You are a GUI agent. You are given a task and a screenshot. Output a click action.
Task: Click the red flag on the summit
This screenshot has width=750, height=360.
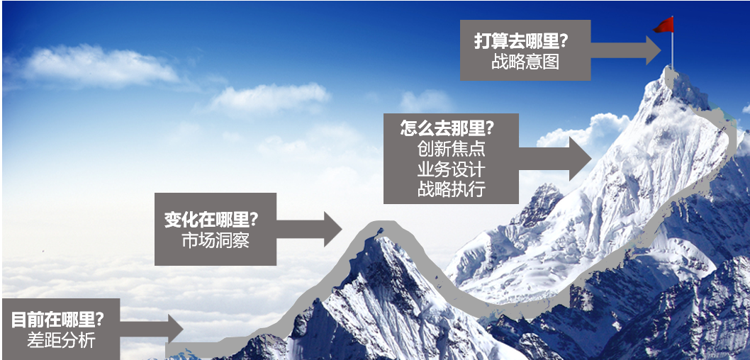[x=664, y=26]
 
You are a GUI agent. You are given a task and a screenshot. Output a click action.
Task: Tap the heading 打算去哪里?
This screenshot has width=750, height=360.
[x=521, y=42]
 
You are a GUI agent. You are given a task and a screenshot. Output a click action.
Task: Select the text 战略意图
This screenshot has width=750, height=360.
[x=525, y=62]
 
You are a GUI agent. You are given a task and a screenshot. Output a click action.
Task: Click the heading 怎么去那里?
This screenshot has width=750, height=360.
[x=447, y=129]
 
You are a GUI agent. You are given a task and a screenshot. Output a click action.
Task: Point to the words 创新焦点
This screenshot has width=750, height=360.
[x=451, y=149]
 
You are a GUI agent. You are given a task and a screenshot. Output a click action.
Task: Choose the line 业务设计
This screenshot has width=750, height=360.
[x=451, y=169]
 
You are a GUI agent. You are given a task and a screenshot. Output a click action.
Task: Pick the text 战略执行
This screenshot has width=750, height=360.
[x=451, y=189]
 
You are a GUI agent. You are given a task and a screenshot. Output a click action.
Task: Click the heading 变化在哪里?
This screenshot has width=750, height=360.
[x=211, y=220]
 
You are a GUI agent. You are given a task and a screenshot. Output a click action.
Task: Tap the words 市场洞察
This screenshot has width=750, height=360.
[x=216, y=240]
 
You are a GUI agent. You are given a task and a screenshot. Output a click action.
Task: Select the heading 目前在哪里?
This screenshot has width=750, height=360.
[x=58, y=320]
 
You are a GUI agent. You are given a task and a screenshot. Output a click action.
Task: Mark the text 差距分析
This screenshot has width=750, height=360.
[x=61, y=340]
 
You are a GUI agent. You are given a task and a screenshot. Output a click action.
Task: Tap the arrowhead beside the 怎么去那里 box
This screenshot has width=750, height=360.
[x=580, y=159]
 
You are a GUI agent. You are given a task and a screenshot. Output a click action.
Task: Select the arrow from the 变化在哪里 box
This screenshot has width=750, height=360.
[x=309, y=229]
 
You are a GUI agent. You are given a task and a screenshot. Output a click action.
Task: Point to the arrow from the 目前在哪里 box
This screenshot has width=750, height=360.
[x=151, y=328]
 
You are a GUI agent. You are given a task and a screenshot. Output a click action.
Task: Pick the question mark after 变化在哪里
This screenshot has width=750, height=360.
[x=254, y=220]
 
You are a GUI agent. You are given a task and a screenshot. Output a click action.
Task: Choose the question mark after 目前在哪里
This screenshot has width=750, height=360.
[x=99, y=320]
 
